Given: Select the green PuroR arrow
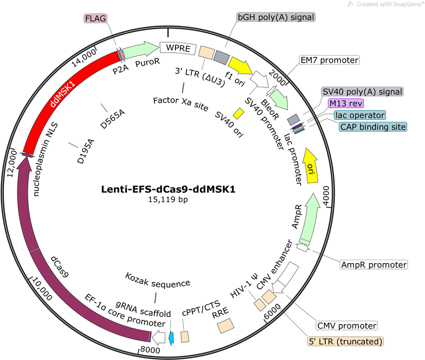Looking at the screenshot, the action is point(140,49).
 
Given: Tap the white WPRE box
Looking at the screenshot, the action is point(178,48).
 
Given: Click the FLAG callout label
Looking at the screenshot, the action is point(95,19).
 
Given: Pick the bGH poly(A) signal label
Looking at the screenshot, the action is point(276,17).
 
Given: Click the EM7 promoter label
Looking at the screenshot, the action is point(329,60).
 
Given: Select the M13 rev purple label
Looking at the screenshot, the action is point(346,103).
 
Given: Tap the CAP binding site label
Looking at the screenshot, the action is point(373,126).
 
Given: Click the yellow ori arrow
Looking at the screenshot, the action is point(311,165).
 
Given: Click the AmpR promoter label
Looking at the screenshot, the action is point(374,265).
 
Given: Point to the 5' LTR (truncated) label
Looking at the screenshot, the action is point(346,341).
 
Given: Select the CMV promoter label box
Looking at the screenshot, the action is point(347,325).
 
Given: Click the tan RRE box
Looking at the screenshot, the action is point(226,325).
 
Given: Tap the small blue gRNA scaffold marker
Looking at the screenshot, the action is point(171,338).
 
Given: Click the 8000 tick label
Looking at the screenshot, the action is point(150,350).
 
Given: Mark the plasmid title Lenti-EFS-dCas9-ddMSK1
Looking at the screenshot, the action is point(168,189).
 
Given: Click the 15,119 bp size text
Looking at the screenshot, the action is point(168,200).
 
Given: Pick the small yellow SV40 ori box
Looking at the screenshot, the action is point(239,114).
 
